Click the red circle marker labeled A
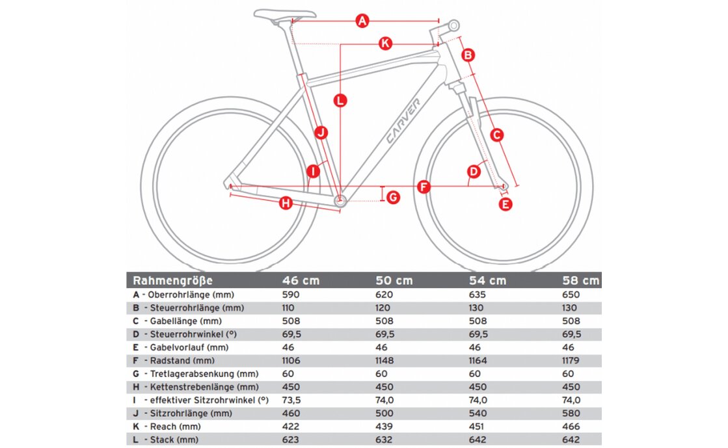363,21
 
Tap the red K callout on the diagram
385,44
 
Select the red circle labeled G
394,197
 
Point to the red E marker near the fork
506,204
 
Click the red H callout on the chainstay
285,204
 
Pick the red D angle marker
474,172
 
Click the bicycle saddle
284,14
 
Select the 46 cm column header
301,281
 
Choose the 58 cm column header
581,281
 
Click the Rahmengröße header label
172,281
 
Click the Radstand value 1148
388,360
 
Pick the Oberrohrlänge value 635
478,294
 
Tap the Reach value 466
571,427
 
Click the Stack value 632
384,440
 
